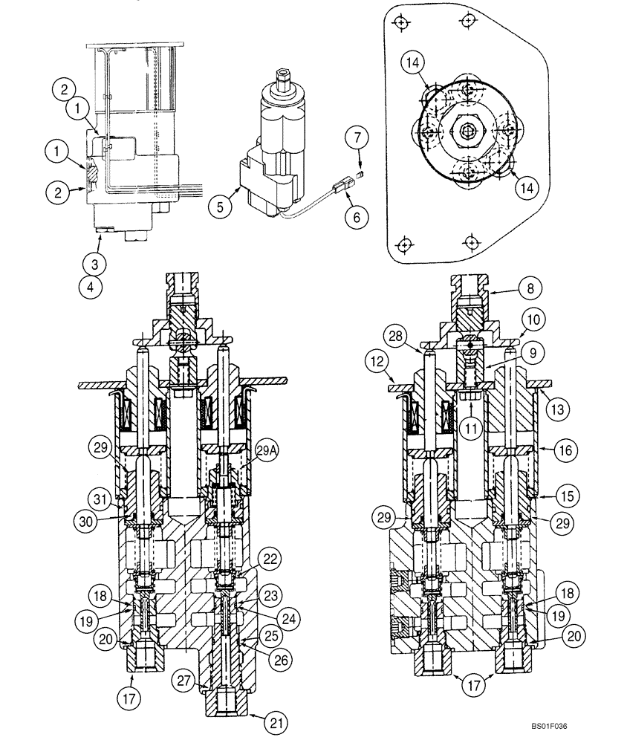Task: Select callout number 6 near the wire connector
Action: pyautogui.click(x=356, y=217)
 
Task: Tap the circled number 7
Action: pyautogui.click(x=357, y=137)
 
